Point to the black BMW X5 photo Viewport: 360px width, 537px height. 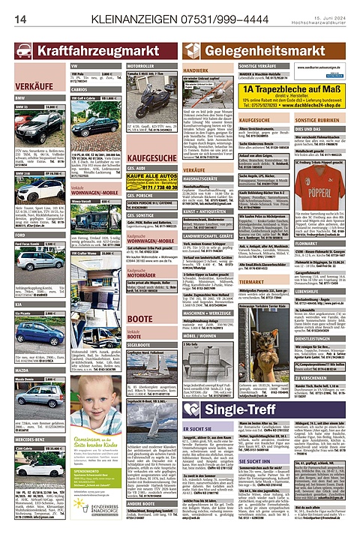click(30, 124)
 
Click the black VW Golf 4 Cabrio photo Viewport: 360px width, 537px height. click(81, 119)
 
